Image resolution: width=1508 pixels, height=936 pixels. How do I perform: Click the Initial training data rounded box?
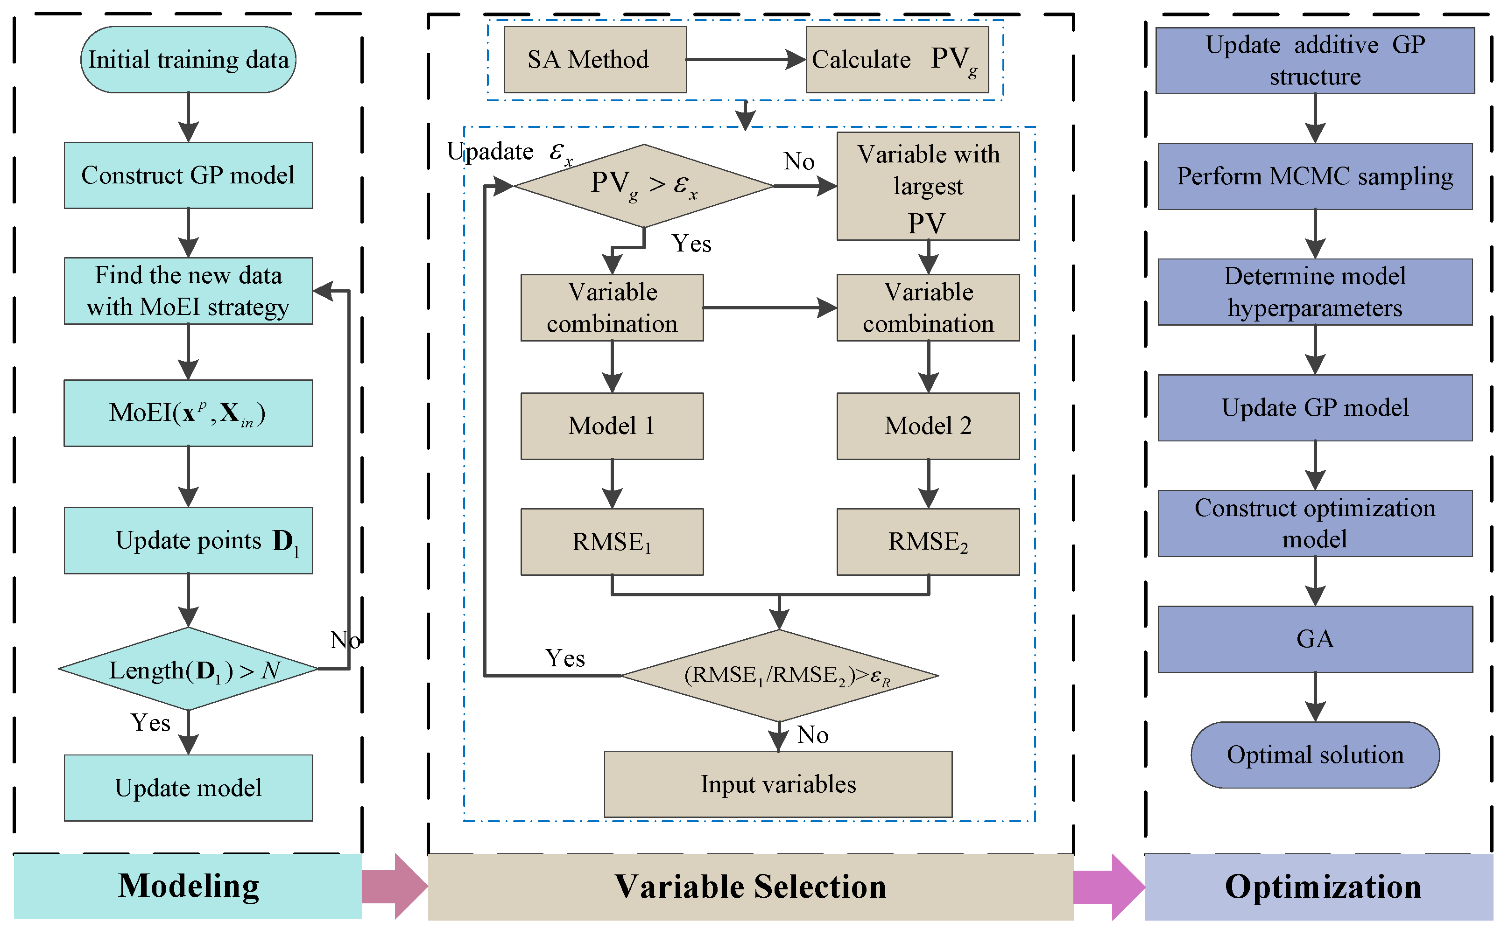[188, 59]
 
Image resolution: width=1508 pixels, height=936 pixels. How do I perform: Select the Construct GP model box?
[188, 175]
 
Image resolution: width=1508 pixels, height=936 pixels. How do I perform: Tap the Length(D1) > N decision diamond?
[188, 669]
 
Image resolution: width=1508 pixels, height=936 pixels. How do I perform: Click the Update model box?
[188, 788]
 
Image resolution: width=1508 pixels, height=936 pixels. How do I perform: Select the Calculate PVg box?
[897, 59]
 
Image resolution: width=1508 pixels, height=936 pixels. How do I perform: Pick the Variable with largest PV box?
[928, 186]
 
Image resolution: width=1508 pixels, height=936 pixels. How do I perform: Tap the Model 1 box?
[612, 426]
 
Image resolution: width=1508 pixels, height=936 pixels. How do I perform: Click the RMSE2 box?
[928, 542]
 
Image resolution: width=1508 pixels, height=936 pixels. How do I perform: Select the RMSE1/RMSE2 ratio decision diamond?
[780, 675]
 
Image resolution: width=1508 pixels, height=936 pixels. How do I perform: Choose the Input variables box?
[778, 784]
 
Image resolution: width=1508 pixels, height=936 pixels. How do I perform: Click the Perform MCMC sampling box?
[1315, 176]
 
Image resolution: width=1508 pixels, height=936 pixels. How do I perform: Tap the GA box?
[1315, 639]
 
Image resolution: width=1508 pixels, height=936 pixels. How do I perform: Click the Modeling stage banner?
[188, 886]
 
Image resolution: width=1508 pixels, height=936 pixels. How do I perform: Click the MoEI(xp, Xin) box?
[188, 413]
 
